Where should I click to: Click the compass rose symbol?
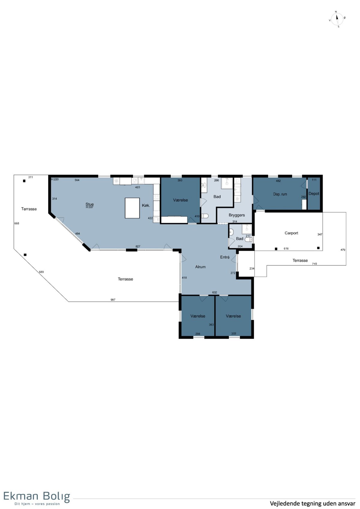(337, 19)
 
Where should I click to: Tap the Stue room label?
(89, 204)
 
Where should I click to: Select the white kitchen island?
(132, 208)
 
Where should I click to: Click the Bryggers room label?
(237, 215)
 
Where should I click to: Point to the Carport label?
(291, 233)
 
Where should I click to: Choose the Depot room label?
(313, 193)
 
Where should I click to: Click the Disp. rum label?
(280, 194)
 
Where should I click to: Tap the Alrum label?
(200, 267)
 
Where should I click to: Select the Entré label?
(225, 257)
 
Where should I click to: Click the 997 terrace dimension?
(113, 300)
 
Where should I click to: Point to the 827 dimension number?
(138, 246)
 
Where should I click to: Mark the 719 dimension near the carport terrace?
(314, 264)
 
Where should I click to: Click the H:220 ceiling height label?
(55, 179)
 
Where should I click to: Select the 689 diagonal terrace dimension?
(41, 272)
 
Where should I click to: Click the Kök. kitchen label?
(146, 205)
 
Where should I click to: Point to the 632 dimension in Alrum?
(214, 292)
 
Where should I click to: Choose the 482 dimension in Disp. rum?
(278, 181)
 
